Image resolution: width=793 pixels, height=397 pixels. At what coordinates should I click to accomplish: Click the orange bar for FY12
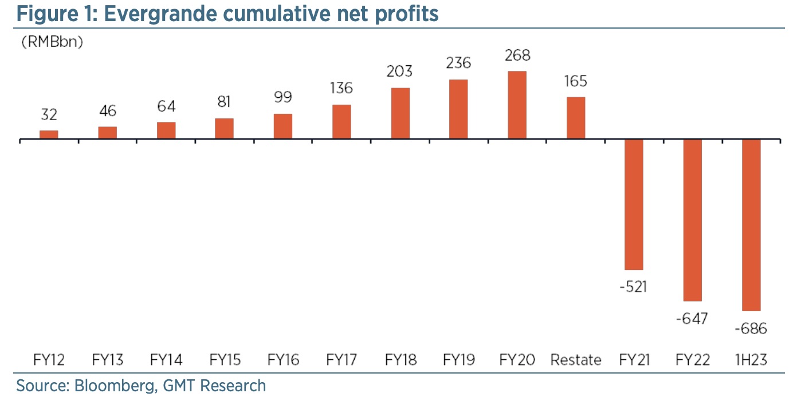pos(49,135)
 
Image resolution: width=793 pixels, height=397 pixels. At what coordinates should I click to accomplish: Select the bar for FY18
pos(400,114)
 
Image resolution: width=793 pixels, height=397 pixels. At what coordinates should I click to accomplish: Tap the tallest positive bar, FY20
pos(517,105)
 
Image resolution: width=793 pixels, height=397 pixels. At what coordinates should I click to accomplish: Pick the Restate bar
pos(576,118)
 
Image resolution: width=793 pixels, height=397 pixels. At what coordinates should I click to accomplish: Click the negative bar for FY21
pos(634,205)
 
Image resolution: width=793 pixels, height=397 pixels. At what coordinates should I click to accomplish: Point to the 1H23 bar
pos(751,225)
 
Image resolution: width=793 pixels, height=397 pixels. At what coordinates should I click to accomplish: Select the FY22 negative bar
pos(692,220)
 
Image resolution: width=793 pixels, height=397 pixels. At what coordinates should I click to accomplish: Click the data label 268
pos(517,55)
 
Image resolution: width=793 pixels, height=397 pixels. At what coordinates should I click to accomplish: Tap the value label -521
pos(633,286)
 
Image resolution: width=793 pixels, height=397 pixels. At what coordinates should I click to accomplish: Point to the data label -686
pos(751,329)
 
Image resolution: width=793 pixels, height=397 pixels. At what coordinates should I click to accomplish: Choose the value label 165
pos(575,82)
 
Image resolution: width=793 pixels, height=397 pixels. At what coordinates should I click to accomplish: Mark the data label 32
pos(49,115)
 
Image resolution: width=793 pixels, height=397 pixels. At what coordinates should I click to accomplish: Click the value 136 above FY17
pos(341,89)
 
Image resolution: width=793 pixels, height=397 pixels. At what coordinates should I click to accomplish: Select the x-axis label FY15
pos(225,360)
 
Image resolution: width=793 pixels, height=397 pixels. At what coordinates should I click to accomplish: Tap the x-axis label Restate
pos(576,360)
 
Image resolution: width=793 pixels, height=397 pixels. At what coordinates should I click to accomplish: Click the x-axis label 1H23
pos(751,360)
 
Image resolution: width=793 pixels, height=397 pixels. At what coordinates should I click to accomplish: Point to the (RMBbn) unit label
pos(52,42)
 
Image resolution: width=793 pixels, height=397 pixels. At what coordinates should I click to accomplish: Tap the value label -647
pos(692,318)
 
